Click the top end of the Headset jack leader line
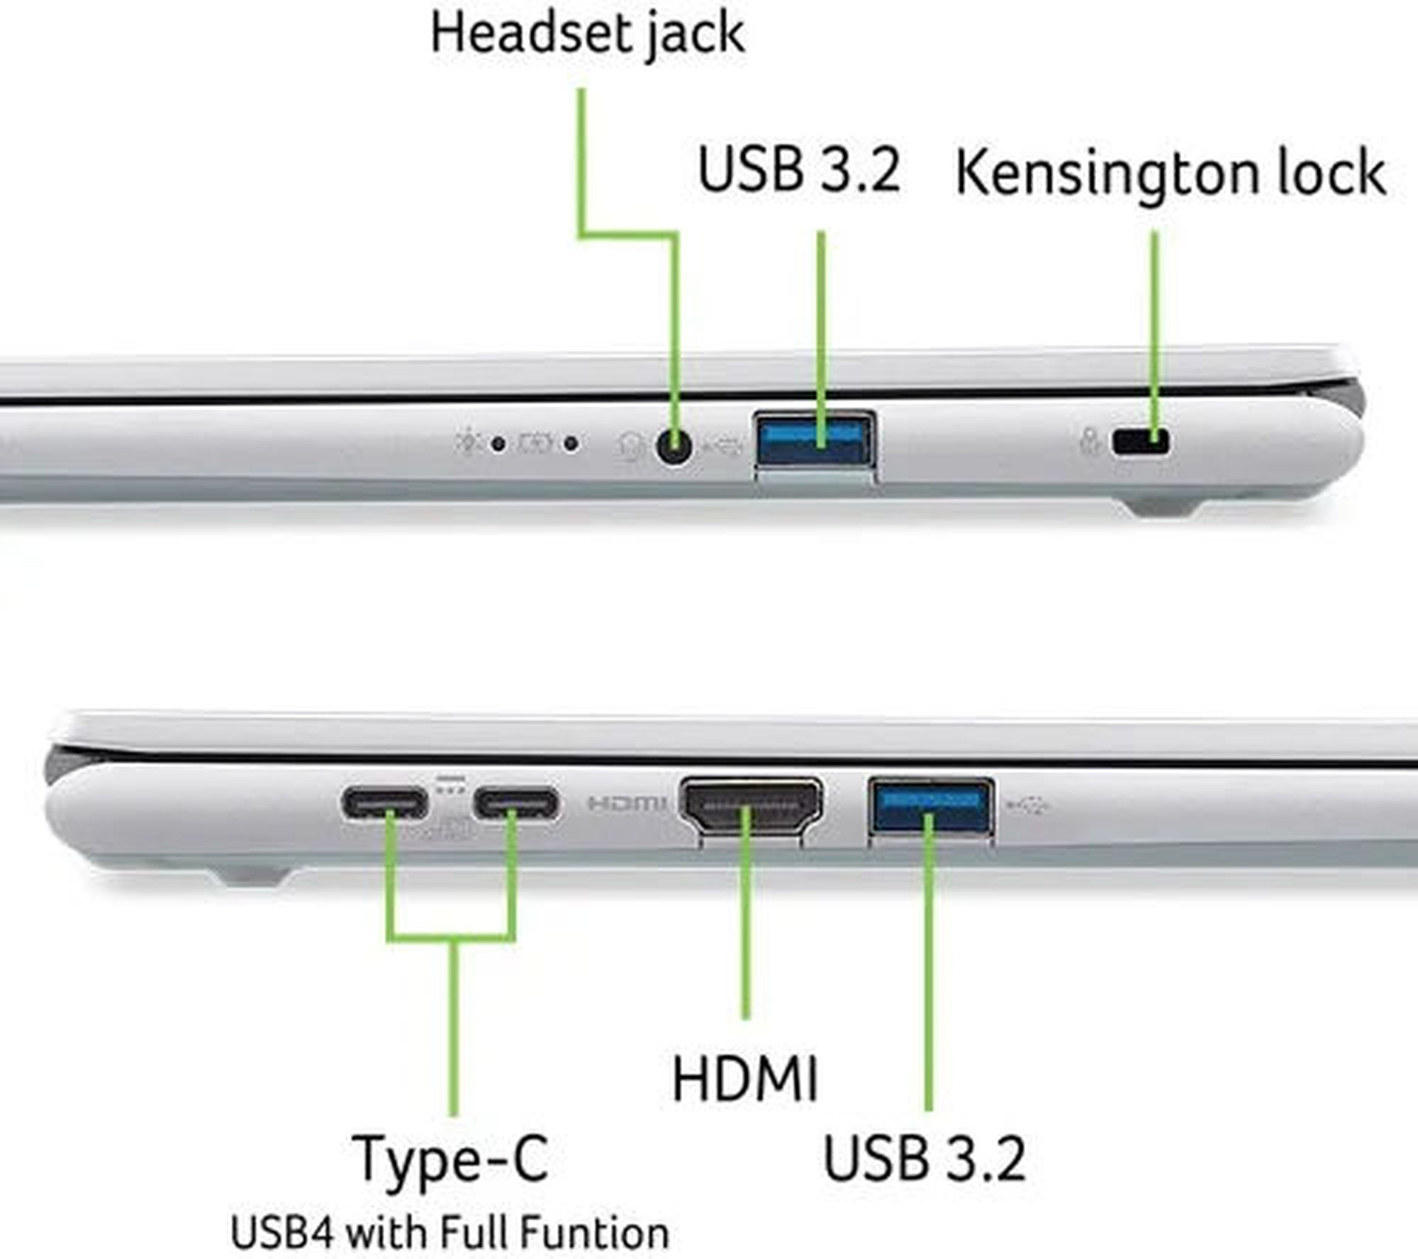tap(582, 90)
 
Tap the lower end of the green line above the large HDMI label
tap(745, 1017)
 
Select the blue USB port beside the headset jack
tap(815, 440)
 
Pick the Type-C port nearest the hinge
tap(385, 804)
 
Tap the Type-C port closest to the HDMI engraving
tap(516, 804)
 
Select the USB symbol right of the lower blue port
tap(1028, 805)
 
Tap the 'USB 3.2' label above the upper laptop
tap(799, 169)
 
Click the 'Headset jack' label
tap(588, 33)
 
